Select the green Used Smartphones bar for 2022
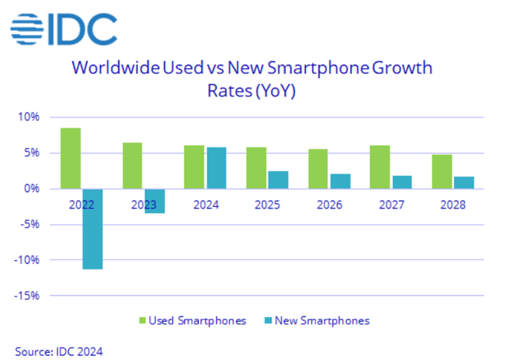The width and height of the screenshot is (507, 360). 71,158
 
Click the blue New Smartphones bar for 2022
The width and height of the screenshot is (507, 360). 92,228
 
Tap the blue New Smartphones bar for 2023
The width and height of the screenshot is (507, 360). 154,201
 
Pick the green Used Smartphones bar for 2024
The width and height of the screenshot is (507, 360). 193,167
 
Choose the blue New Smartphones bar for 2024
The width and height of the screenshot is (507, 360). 215,167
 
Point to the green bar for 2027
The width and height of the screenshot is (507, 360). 379,167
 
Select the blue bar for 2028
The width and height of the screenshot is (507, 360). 463,182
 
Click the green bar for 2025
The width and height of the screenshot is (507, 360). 256,167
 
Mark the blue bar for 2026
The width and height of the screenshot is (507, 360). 339,181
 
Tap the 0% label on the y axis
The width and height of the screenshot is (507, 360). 32,189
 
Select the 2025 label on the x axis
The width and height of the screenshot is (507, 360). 267,205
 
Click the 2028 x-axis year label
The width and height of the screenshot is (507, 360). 452,205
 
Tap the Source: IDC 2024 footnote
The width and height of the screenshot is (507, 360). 59,350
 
